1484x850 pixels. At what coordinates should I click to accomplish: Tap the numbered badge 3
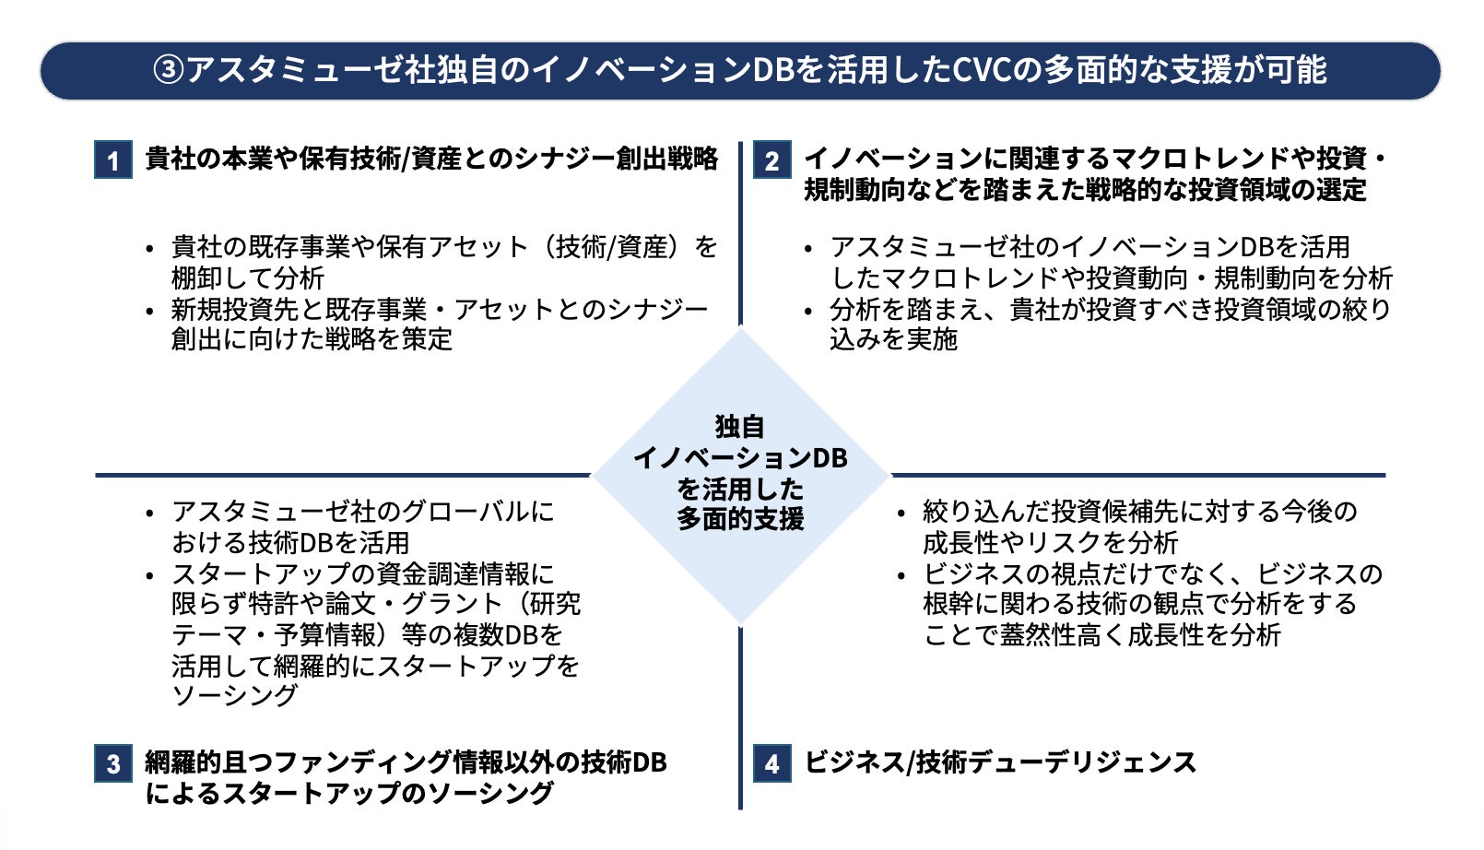coord(113,763)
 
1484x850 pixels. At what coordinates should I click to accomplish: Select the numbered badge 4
coord(772,763)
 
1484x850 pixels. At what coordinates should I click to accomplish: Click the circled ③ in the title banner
coord(169,70)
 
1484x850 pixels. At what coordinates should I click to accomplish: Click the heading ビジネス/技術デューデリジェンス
coord(1000,762)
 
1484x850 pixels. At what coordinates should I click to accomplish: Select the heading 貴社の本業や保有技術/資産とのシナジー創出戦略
coord(431,159)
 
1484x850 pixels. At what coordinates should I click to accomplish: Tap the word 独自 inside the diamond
coord(740,427)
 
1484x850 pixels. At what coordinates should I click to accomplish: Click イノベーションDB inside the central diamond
coord(740,458)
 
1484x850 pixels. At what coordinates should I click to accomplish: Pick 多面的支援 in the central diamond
coord(740,519)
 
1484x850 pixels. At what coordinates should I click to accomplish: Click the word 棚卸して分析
coord(248,277)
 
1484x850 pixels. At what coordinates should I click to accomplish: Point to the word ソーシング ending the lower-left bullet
coord(235,695)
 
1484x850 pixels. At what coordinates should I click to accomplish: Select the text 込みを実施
coord(893,339)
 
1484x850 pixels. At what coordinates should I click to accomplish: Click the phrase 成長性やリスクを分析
coord(1050,542)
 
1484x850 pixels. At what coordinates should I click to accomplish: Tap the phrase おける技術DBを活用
coord(290,542)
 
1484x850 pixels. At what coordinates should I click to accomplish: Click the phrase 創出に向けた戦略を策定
coord(312,339)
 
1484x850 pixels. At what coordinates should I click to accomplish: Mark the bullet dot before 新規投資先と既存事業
coord(150,312)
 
